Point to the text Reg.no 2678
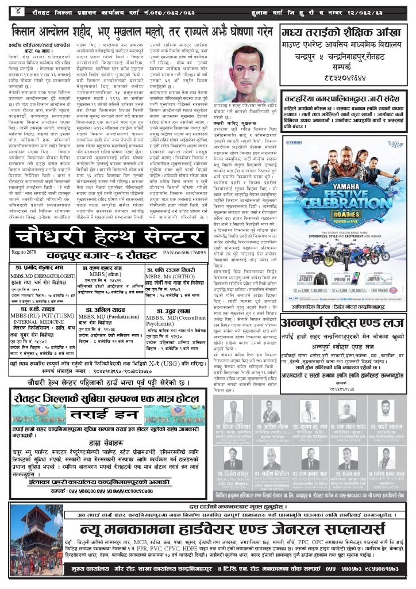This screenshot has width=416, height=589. pyautogui.click(x=25, y=253)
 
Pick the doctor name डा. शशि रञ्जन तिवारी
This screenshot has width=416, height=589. pyautogui.click(x=174, y=269)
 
